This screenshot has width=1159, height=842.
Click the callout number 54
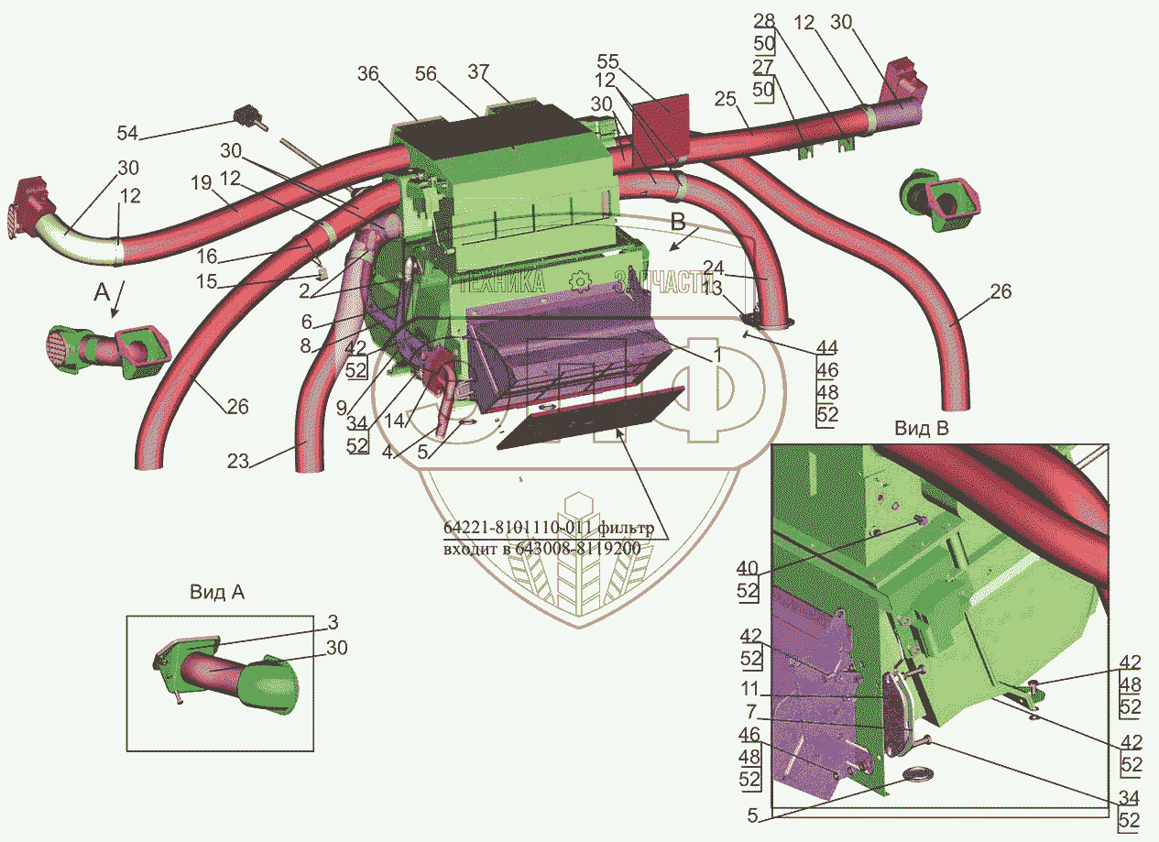(x=127, y=133)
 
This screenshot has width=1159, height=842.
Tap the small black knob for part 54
(x=246, y=116)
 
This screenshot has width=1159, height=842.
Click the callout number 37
(x=504, y=72)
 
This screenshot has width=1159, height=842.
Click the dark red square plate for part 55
(x=662, y=119)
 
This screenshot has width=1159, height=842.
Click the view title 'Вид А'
(x=217, y=592)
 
